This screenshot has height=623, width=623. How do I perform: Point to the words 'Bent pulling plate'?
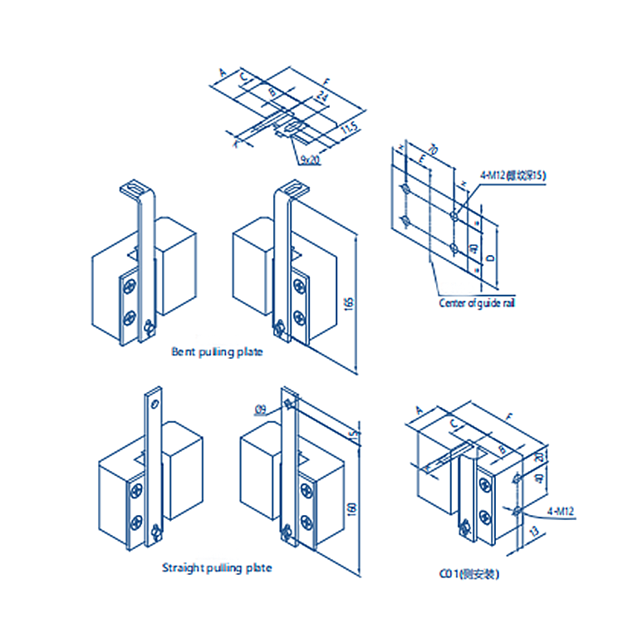(217, 351)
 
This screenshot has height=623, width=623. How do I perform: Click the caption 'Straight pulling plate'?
(216, 568)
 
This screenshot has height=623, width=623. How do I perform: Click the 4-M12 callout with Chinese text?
(513, 175)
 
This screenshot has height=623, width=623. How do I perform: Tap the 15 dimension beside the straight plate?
(355, 434)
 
